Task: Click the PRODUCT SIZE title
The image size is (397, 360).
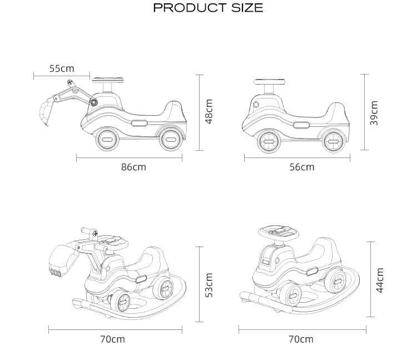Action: point(208,8)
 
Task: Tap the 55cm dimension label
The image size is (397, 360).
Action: point(62,68)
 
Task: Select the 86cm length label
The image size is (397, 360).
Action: point(133,167)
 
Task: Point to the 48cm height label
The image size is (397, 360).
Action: point(209,111)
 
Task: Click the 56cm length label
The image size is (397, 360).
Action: point(302,167)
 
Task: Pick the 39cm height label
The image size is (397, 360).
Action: point(374,113)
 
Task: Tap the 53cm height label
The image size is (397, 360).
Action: point(209,285)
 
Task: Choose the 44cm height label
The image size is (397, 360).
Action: point(380,280)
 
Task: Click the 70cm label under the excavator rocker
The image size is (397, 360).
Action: point(112,339)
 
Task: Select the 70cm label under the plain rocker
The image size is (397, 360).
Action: point(301,339)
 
